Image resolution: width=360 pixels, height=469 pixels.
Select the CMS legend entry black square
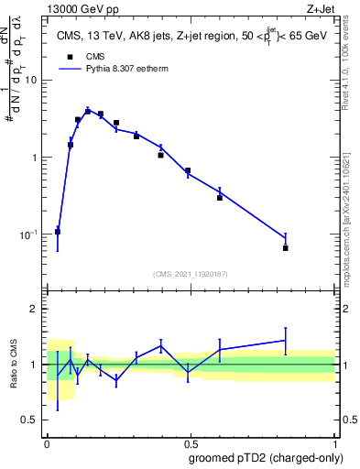click(70, 56)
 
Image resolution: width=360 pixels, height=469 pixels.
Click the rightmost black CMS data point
click(286, 248)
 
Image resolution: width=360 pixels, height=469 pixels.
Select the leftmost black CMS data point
click(58, 232)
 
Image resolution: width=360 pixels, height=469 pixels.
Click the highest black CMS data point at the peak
click(88, 112)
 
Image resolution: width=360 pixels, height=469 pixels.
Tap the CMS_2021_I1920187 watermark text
click(191, 274)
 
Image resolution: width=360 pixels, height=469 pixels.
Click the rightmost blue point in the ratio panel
click(286, 340)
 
